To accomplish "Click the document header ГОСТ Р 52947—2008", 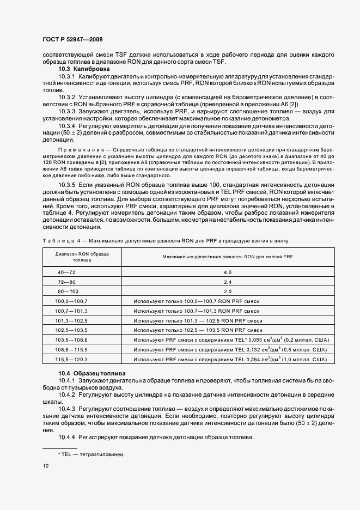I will (x=72, y=39).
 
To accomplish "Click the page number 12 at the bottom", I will (x=46, y=466).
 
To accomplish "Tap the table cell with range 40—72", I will (x=68, y=272).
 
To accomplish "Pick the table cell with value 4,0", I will (x=228, y=272).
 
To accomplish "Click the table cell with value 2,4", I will (x=228, y=282).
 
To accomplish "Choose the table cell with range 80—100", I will (x=68, y=292).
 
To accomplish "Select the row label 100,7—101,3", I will (x=75, y=311).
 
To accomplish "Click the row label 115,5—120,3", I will (x=75, y=360).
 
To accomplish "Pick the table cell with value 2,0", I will (x=228, y=292).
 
